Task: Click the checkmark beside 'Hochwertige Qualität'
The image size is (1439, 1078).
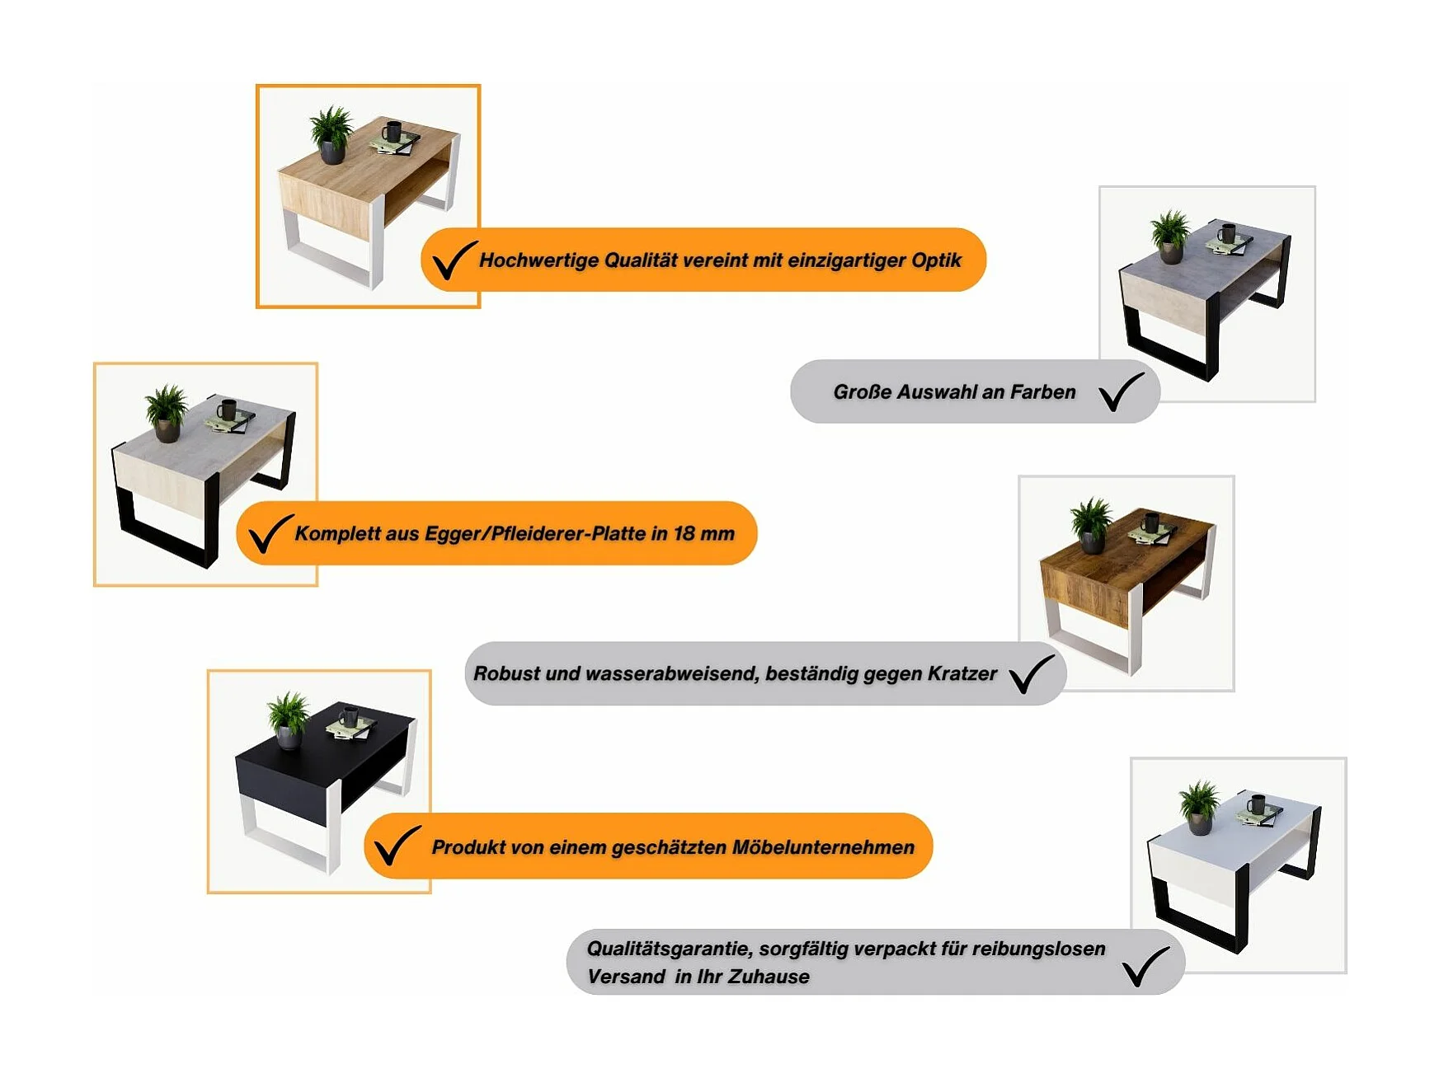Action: pos(453,260)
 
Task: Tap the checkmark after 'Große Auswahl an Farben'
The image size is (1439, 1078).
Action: pos(1121,391)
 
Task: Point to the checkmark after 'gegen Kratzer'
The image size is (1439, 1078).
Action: pos(1031,674)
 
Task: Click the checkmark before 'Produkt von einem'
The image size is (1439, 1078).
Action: pos(397,846)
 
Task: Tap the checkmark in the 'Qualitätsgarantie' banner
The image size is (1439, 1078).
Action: pos(1145,966)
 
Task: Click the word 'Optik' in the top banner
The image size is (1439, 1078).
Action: pos(936,261)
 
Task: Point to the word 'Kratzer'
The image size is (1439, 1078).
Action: pos(962,674)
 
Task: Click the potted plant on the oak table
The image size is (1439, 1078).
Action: pos(332,134)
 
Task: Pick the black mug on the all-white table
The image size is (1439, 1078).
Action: pos(1255,804)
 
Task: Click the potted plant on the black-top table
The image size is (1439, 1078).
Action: pos(289,719)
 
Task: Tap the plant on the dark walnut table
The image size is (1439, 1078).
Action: pos(1092,525)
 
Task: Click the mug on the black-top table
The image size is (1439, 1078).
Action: pos(349,716)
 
